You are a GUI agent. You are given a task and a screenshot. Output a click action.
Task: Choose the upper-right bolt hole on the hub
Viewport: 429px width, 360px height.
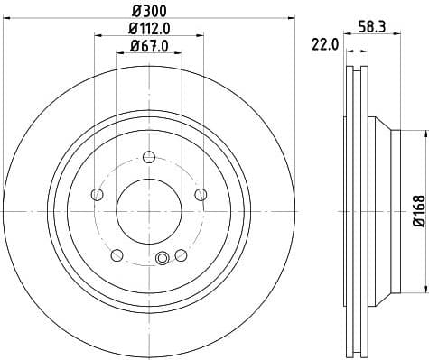201,193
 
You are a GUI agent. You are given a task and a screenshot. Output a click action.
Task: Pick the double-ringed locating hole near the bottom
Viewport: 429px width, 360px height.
163,259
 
